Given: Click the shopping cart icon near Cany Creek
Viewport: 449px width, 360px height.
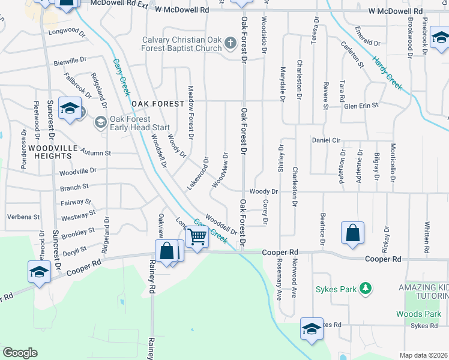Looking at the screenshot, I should (x=197, y=236).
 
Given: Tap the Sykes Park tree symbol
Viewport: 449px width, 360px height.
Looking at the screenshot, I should (x=364, y=290).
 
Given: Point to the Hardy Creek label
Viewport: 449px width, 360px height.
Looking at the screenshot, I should (x=387, y=73).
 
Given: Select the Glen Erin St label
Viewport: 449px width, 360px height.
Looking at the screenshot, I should (x=361, y=106).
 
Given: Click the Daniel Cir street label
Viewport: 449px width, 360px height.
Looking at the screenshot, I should (x=327, y=140).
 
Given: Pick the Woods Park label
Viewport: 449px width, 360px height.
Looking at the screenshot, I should (x=418, y=314).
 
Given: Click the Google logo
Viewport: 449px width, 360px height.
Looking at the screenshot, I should (x=20, y=353).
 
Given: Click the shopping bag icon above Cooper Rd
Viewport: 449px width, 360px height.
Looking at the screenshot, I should (x=352, y=233).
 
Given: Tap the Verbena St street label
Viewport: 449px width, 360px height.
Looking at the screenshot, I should (x=23, y=217).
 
